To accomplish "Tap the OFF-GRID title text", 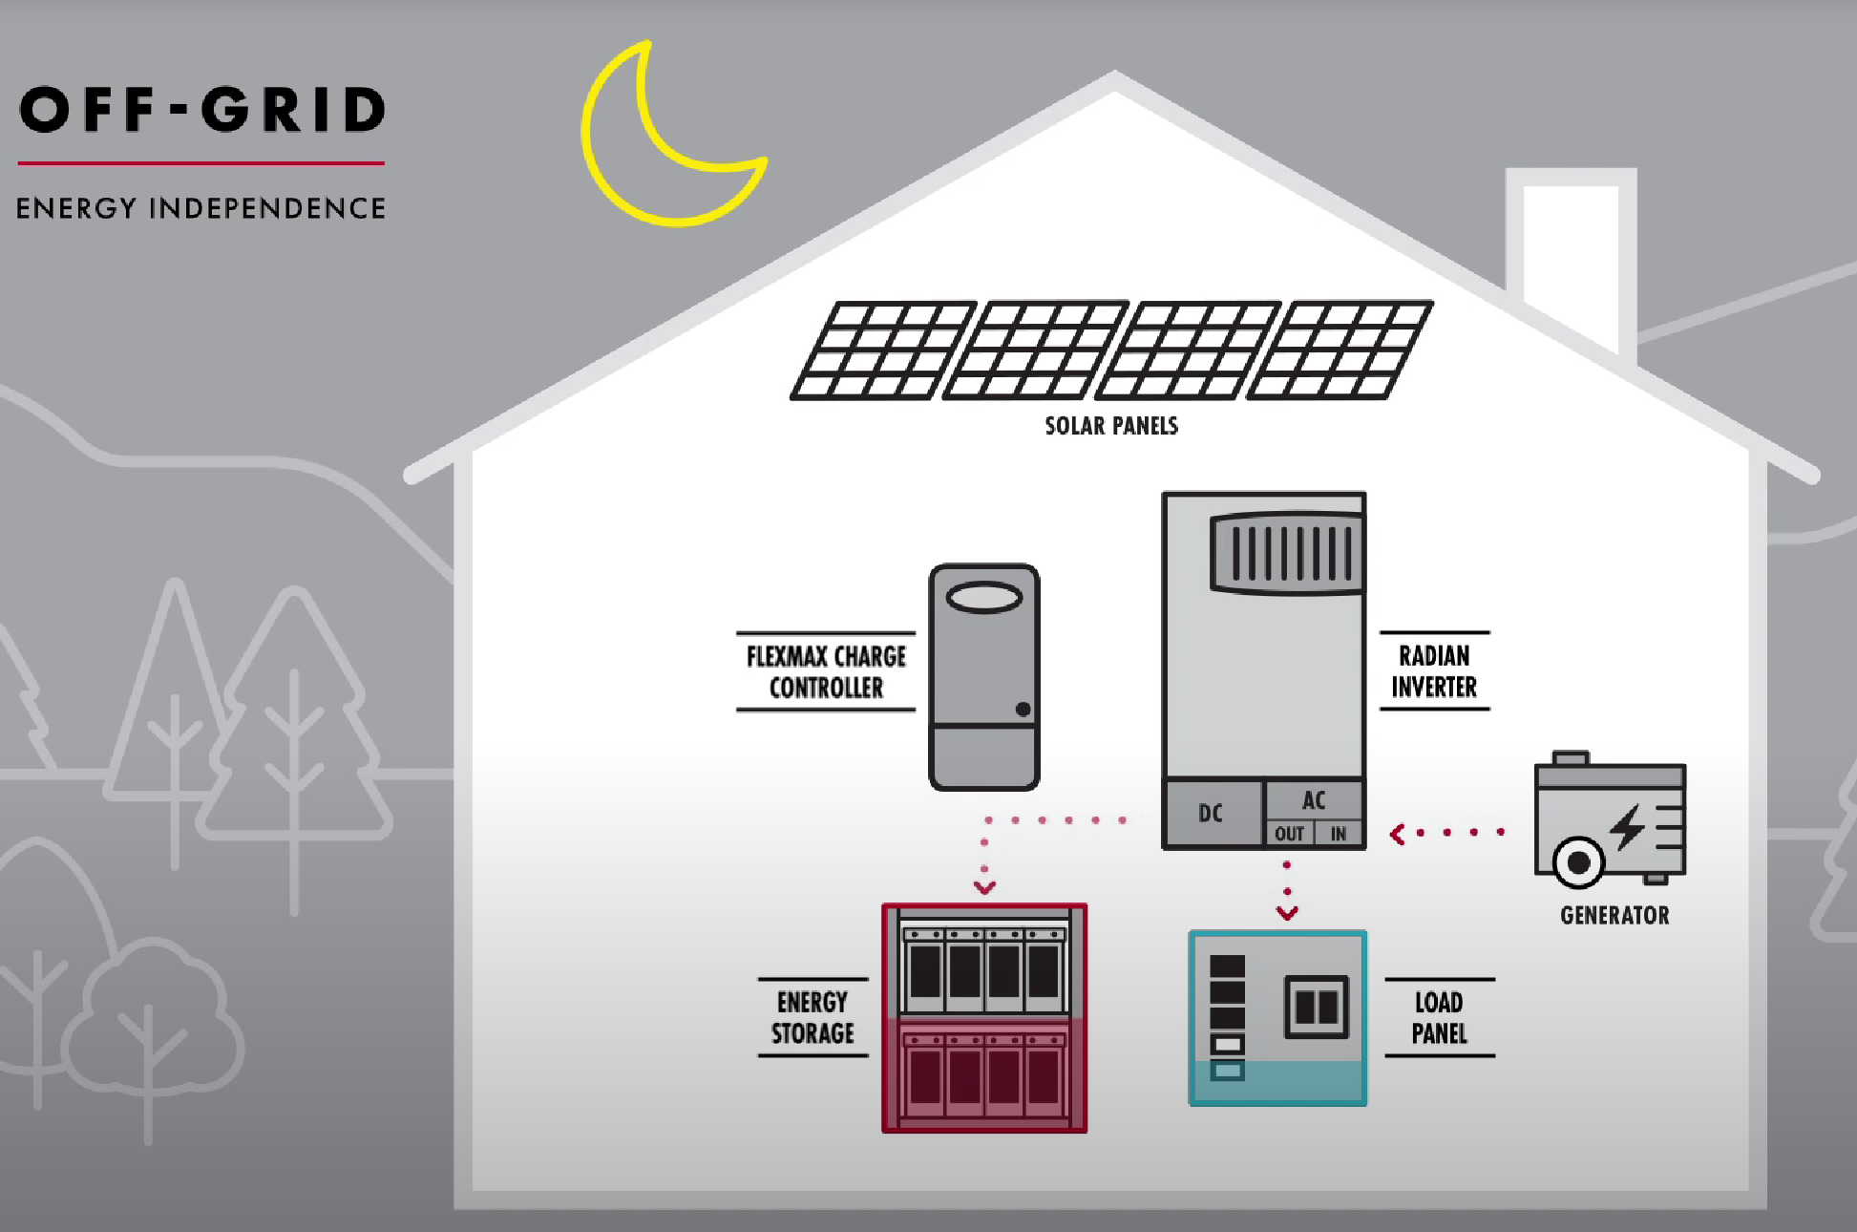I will point(201,110).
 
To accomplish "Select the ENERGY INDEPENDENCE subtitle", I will point(200,208).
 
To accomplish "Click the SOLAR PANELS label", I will point(1111,426).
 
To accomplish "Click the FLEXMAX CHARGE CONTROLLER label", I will point(826,671).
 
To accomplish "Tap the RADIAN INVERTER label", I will point(1434,671).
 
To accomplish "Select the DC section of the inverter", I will point(1211,814).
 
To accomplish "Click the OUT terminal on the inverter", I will point(1289,834).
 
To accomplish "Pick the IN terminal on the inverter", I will point(1339,834).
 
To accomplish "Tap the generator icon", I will point(1610,821).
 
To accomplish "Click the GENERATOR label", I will point(1614,916).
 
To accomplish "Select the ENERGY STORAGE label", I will point(812,1018).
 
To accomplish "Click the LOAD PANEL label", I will point(1439,1018).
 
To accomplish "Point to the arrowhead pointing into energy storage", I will point(984,888).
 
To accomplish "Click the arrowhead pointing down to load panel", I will point(1287,914).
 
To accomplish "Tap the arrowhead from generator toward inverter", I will point(1398,835).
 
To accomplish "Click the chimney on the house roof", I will point(1571,248).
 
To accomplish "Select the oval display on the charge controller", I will point(984,598).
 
